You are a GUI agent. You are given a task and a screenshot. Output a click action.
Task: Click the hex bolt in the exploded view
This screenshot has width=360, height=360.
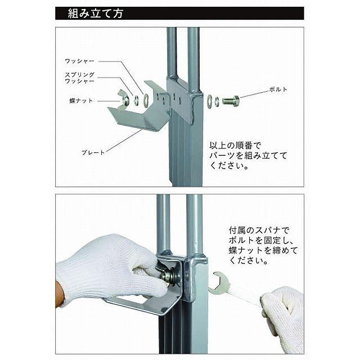pos(231,101)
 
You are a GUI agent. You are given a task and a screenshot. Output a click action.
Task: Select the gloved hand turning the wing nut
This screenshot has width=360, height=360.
pos(107,273)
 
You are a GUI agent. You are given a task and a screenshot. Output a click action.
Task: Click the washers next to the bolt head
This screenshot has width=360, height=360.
pos(213,101)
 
